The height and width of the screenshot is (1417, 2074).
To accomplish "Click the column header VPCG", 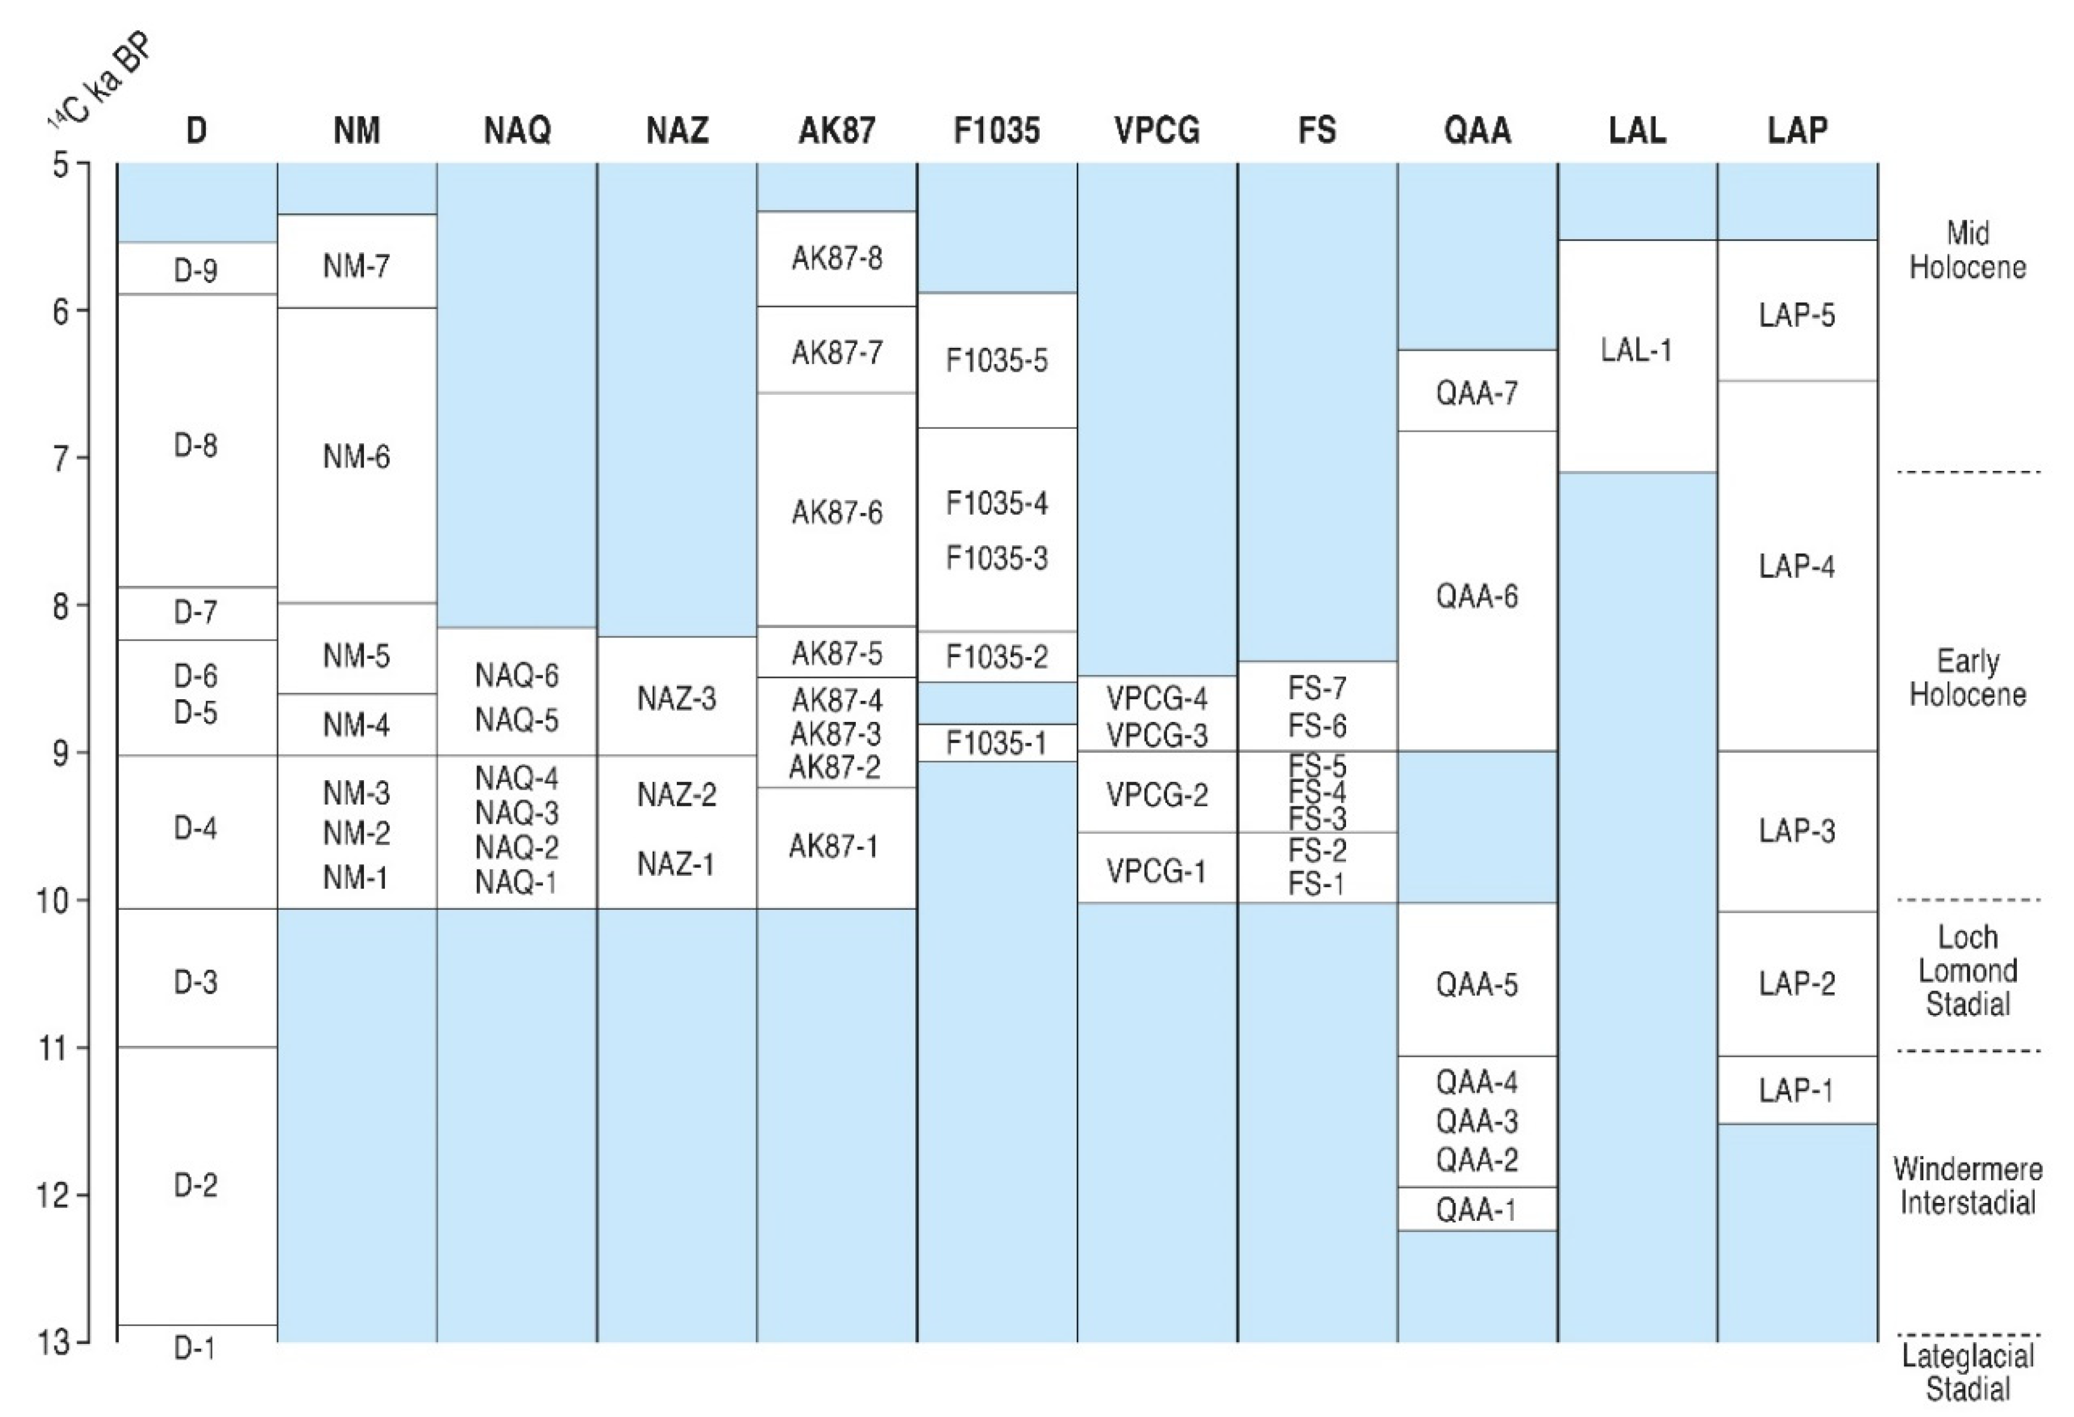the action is (1157, 131).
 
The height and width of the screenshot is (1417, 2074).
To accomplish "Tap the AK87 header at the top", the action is (836, 131).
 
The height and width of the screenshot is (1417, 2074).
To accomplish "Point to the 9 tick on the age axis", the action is (61, 753).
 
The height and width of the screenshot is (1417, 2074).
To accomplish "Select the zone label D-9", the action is (196, 269).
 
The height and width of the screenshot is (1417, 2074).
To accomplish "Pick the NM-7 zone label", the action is (356, 265).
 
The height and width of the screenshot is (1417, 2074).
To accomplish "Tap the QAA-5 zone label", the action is (1476, 984).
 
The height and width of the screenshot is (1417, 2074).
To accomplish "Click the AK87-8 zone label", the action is (836, 258).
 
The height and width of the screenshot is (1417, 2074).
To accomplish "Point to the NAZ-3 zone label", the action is (676, 699).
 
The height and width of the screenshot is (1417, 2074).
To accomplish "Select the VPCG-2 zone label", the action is (1157, 794).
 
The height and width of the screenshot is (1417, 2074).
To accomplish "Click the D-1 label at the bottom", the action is (196, 1347).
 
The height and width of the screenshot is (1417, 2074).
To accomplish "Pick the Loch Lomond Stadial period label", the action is (1967, 971).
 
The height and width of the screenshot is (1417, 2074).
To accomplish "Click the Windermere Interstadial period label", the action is (1967, 1185).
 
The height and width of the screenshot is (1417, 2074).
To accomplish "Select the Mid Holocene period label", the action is (1967, 250).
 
